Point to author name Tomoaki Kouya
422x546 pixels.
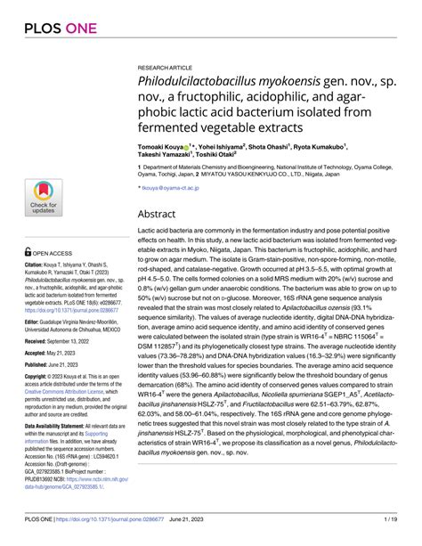point(161,146)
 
